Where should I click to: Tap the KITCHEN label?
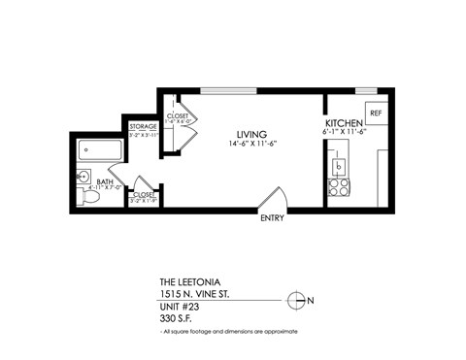pyautogui.click(x=344, y=125)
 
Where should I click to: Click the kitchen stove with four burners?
pyautogui.click(x=339, y=187)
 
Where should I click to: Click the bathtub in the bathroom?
pyautogui.click(x=100, y=150)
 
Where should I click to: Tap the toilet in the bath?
pyautogui.click(x=89, y=195)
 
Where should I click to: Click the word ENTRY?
pyautogui.click(x=272, y=218)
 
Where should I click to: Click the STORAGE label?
pyautogui.click(x=144, y=127)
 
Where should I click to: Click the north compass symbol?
pyautogui.click(x=298, y=300)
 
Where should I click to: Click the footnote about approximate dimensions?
pyautogui.click(x=228, y=332)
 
